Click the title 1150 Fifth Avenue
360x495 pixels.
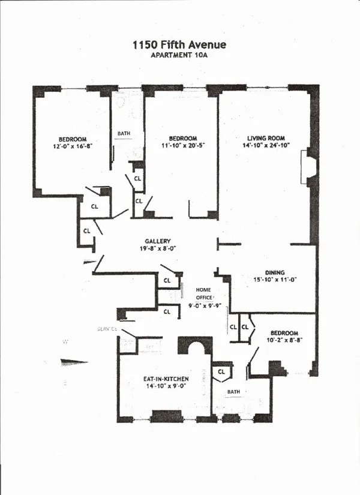click(x=179, y=45)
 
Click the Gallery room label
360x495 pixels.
click(x=158, y=241)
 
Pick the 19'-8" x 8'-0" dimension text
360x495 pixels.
click(x=158, y=249)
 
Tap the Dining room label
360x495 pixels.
click(x=275, y=273)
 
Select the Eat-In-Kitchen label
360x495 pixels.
click(x=166, y=379)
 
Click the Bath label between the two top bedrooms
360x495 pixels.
click(x=124, y=134)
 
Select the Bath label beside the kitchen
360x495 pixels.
click(x=233, y=392)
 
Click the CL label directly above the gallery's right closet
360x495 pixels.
click(x=167, y=280)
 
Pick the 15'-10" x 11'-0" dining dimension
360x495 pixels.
click(x=275, y=280)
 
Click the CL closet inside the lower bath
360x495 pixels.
click(x=221, y=371)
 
